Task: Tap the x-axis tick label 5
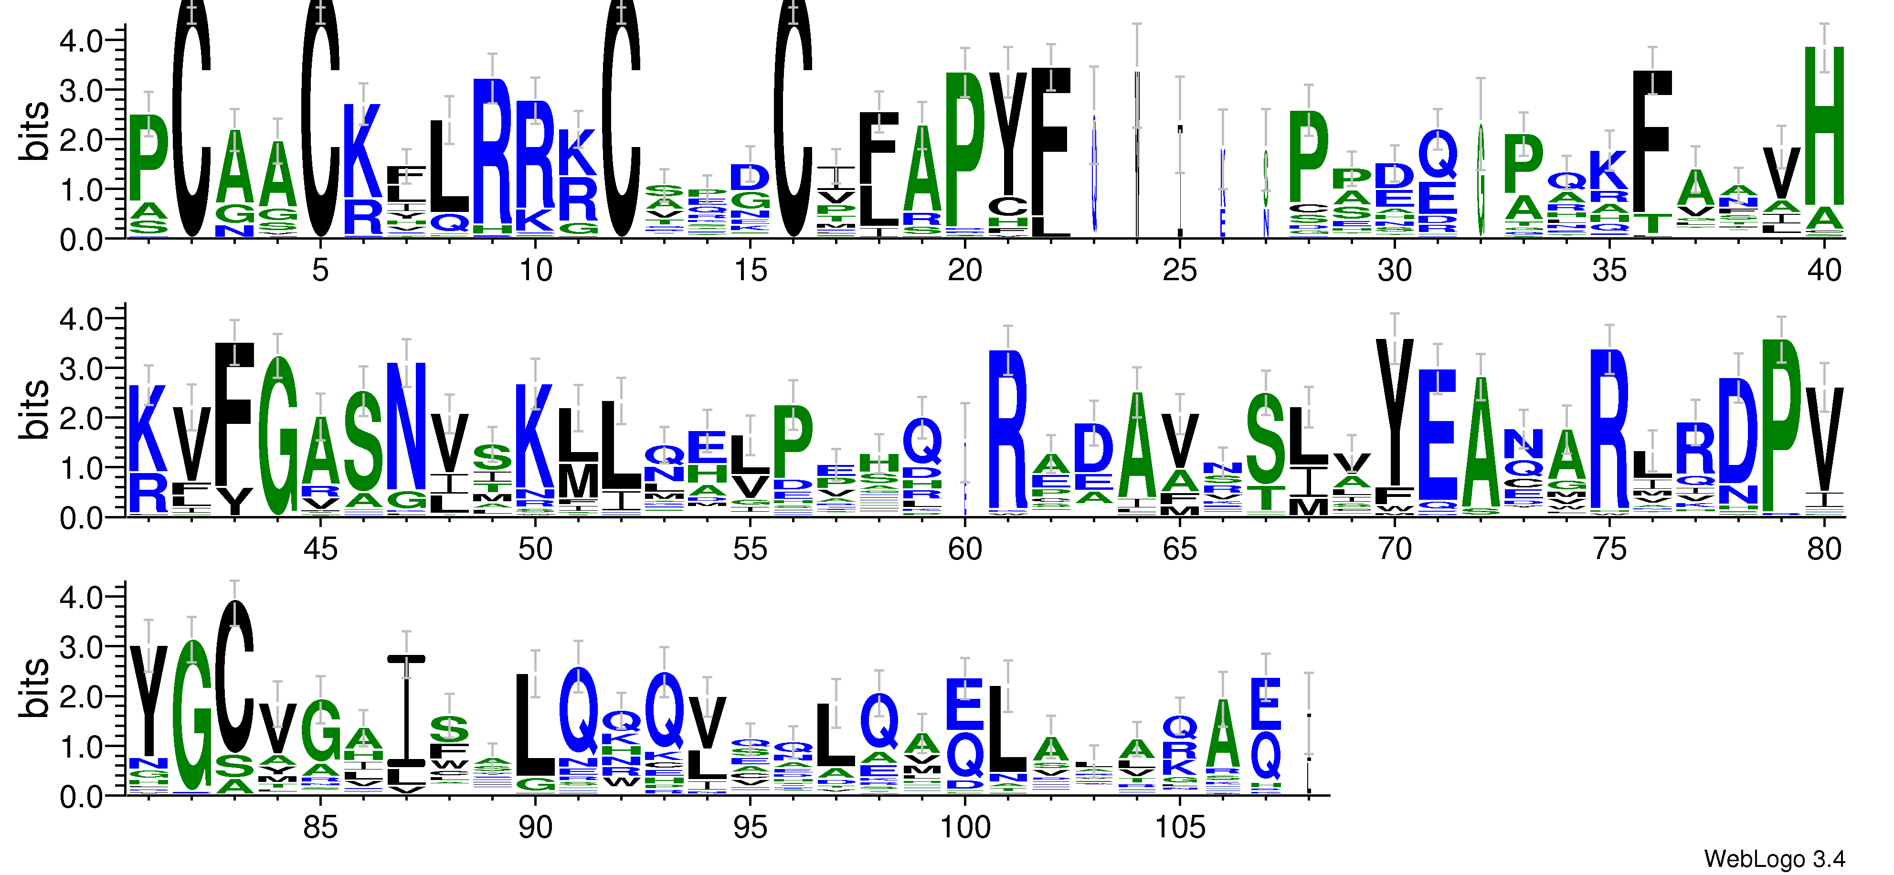click(x=320, y=271)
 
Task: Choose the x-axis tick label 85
click(x=320, y=827)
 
